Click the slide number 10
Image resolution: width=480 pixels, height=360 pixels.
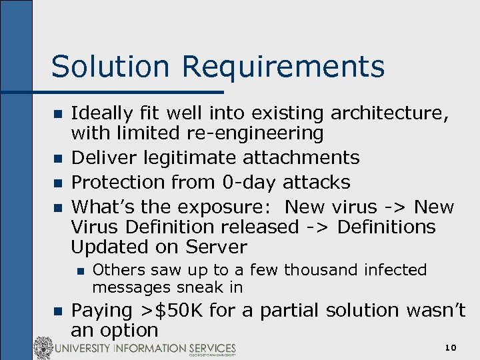451,348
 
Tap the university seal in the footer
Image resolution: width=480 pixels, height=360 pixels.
43,348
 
